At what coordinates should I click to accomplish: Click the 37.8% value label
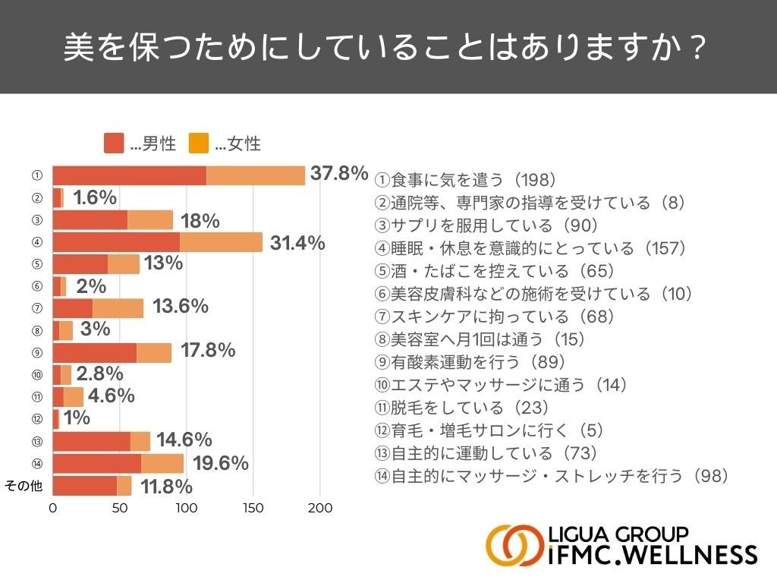339,174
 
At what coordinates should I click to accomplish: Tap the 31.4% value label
297,243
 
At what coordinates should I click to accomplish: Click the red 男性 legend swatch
114,143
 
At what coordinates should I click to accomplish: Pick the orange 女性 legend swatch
199,143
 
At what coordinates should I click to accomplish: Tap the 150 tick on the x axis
254,509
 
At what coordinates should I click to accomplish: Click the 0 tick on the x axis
53,509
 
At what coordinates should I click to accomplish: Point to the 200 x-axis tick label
320,509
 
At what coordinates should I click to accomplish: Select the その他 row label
24,487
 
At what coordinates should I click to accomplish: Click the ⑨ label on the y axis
36,352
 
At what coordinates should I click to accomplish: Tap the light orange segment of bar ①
256,175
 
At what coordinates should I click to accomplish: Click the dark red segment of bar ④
116,242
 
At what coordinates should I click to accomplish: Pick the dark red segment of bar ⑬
91,442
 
